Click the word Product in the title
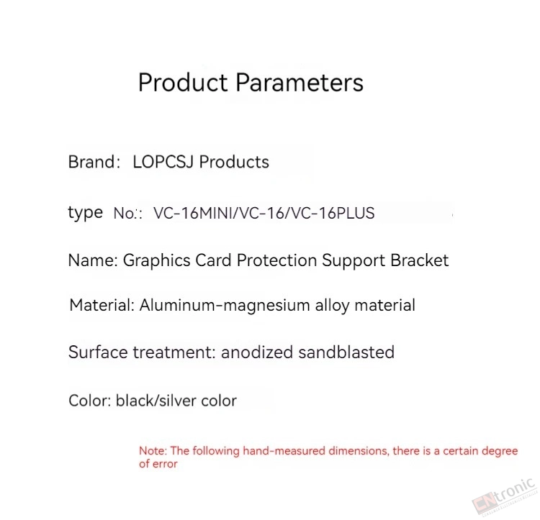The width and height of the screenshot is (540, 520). click(x=183, y=83)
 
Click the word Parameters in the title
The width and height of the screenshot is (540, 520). click(x=300, y=83)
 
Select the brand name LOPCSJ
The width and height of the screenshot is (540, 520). click(x=163, y=162)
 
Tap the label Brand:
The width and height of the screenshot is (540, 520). click(x=94, y=162)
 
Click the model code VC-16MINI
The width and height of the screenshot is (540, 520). click(x=193, y=213)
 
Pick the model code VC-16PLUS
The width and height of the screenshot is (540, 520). click(x=333, y=213)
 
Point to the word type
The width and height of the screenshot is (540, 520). click(x=86, y=213)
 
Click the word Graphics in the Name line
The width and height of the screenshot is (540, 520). click(x=157, y=260)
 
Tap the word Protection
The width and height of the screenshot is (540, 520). click(x=277, y=260)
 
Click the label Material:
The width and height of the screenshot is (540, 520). click(x=102, y=305)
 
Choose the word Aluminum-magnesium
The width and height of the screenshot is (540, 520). click(x=225, y=306)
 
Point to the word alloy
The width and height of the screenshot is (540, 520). click(x=333, y=306)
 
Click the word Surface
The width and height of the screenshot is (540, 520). click(x=98, y=352)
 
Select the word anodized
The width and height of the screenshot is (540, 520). click(x=257, y=352)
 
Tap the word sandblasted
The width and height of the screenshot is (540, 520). click(x=346, y=352)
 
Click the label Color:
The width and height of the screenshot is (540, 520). click(x=89, y=401)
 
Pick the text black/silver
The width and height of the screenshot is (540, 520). click(x=156, y=401)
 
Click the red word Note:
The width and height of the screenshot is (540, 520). click(x=153, y=450)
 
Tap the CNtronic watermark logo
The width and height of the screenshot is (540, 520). click(x=505, y=497)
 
